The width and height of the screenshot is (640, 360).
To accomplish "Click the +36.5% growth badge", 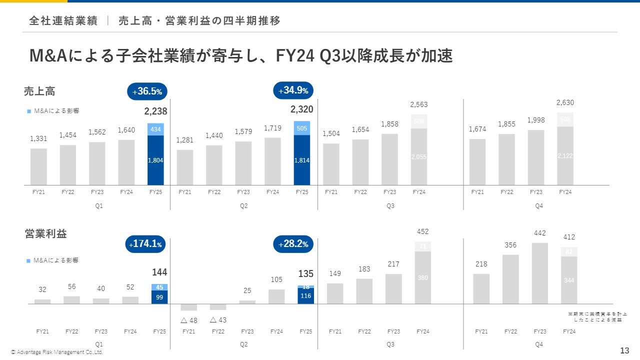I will coord(147,92).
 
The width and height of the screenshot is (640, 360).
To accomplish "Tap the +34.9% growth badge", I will coord(293,90).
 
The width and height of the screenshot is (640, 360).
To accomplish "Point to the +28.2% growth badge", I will coord(293,244).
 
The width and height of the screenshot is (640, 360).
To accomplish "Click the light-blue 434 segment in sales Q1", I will coord(155,129).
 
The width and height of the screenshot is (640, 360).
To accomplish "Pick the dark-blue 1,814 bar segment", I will coord(302,160).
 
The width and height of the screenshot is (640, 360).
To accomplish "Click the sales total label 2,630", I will coord(565,102).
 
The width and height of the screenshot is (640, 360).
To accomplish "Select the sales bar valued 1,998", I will coord(536,157).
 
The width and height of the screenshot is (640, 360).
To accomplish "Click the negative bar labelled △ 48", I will coord(188,307).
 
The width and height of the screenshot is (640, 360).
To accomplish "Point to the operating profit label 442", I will coord(539,233).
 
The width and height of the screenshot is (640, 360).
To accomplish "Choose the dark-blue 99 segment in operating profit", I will coord(159,297).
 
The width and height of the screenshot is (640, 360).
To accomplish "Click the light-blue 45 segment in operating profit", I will coord(159,287).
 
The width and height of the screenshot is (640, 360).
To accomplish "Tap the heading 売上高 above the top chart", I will coord(39,91).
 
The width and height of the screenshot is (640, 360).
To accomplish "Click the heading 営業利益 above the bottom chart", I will coord(45,233).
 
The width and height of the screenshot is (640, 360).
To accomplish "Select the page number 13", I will coord(624,350).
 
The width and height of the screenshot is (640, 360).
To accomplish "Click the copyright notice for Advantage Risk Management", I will coord(57,352).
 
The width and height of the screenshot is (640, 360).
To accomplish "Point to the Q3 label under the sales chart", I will coord(390,206).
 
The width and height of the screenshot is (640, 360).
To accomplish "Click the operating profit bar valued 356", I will coord(510,279).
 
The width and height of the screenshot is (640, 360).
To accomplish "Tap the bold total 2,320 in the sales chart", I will coord(302,109).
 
